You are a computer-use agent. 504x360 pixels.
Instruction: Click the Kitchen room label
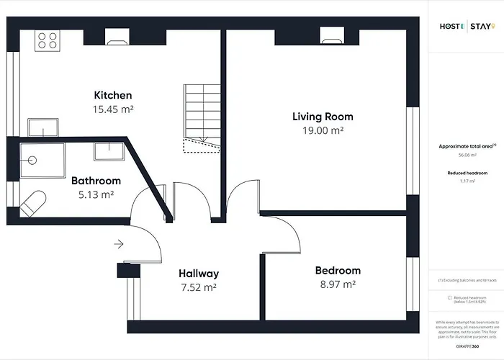pyautogui.click(x=113, y=95)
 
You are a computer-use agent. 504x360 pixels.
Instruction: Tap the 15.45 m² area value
pyautogui.click(x=113, y=109)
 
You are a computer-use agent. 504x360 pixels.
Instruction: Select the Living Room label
pyautogui.click(x=323, y=117)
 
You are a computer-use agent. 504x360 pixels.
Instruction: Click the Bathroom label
pyautogui.click(x=96, y=181)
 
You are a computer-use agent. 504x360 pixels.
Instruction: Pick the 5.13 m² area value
pyautogui.click(x=96, y=194)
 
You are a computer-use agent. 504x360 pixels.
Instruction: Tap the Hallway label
pyautogui.click(x=199, y=274)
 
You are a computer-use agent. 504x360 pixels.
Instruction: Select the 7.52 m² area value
pyautogui.click(x=199, y=287)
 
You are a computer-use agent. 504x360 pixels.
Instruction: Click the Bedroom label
pyautogui.click(x=338, y=271)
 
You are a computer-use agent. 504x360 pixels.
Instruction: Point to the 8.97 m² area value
pyautogui.click(x=338, y=284)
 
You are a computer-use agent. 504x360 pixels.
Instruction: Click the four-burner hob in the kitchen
pyautogui.click(x=48, y=40)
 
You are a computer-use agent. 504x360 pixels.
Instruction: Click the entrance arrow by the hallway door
pyautogui.click(x=119, y=244)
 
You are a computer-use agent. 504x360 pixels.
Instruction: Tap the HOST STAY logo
pyautogui.click(x=467, y=27)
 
